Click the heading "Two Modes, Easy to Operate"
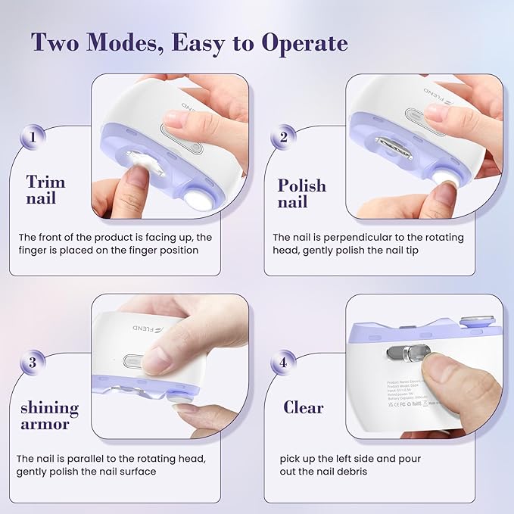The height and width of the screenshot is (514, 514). tap(190, 43)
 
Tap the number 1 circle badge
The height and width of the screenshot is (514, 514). tap(33, 138)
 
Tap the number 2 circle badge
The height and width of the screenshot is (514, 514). tap(283, 138)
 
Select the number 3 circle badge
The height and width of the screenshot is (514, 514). tap(32, 363)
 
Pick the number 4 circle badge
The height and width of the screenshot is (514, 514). tap(283, 363)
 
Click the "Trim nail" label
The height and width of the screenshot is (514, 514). tap(45, 190)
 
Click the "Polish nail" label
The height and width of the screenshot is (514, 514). tap(301, 193)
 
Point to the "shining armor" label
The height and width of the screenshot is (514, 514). tap(49, 416)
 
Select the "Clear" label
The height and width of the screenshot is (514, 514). tap(304, 407)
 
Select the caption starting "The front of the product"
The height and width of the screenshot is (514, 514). tap(115, 244)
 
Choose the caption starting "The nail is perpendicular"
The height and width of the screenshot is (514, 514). tap(368, 244)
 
